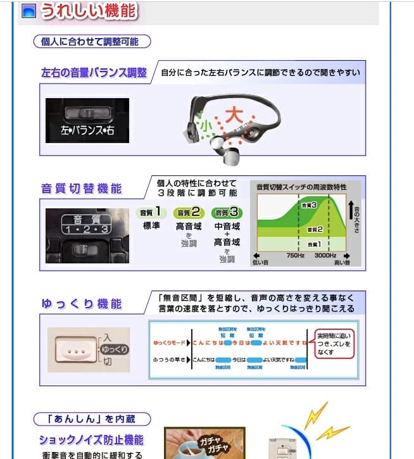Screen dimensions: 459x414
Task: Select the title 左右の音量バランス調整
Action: click(x=94, y=72)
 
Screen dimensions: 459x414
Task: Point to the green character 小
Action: click(x=205, y=125)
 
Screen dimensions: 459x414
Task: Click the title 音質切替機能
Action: click(x=82, y=189)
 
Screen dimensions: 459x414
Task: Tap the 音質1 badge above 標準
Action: click(x=150, y=213)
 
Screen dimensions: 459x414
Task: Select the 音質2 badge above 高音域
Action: click(x=188, y=213)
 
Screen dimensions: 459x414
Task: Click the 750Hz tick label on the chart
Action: click(x=296, y=255)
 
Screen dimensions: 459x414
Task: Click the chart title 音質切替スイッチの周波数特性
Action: click(x=301, y=187)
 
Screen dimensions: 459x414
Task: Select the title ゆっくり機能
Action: click(x=82, y=304)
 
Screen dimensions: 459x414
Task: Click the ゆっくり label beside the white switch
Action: click(x=115, y=349)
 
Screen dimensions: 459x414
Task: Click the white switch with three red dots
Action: click(x=74, y=349)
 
